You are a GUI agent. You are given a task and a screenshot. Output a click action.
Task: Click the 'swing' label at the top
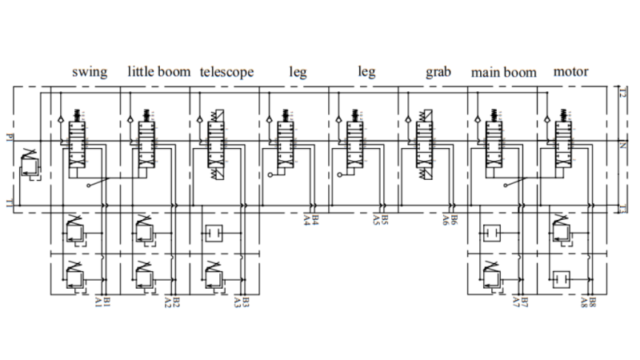[x=90, y=72]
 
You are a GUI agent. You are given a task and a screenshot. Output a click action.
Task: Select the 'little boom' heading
[x=159, y=72]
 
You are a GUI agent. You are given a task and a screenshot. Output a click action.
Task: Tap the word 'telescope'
[x=227, y=72]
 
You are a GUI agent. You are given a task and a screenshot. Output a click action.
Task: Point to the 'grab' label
[x=438, y=72]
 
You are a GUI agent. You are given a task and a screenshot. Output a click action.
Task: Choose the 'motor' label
[x=570, y=72]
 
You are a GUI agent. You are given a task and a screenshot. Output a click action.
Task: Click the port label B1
[x=107, y=301]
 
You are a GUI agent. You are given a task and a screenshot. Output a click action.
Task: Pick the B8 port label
[x=593, y=301]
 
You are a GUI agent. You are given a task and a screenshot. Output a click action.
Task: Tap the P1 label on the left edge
[x=8, y=137]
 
